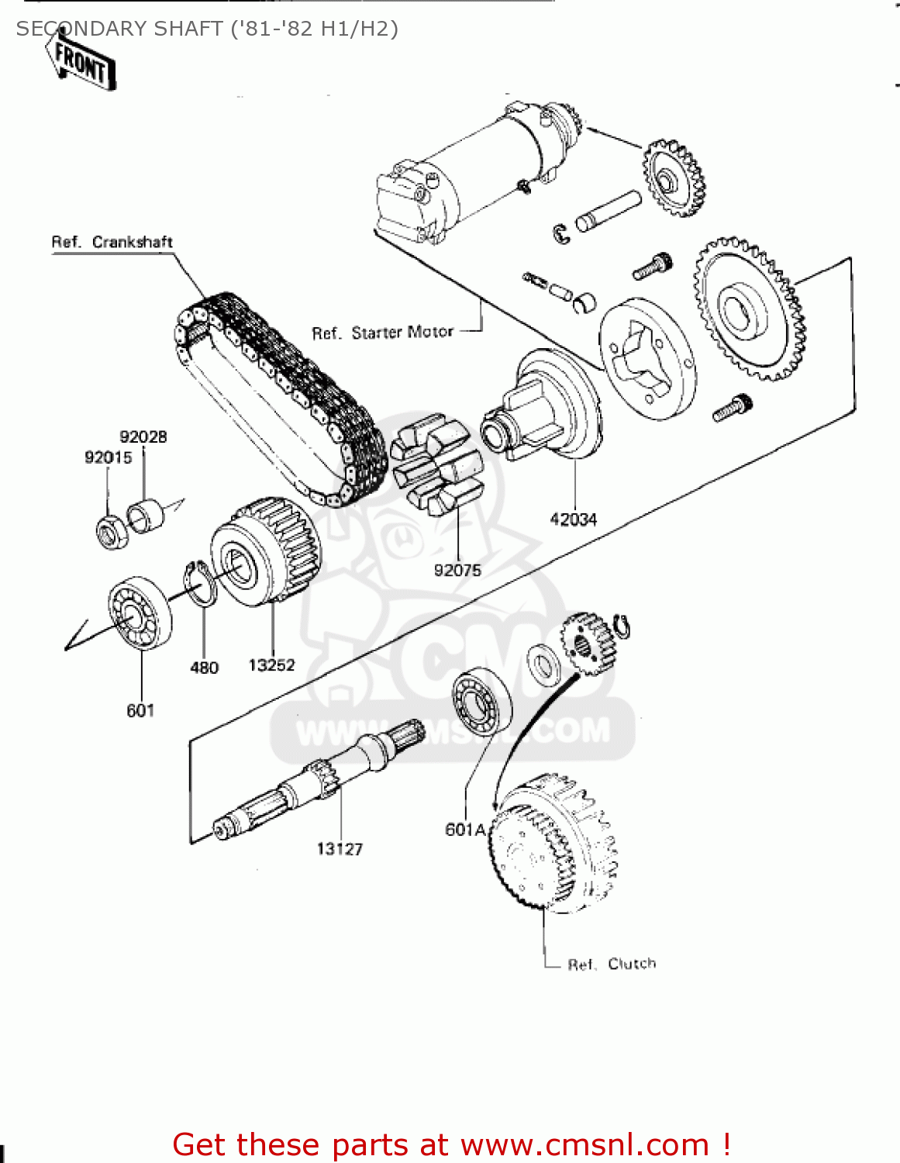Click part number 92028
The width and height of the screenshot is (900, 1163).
(143, 437)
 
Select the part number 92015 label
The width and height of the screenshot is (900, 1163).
(108, 457)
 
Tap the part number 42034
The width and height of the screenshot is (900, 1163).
(573, 519)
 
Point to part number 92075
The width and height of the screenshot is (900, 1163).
(457, 570)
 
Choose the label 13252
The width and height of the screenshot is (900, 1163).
(271, 665)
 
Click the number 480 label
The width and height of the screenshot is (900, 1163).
(205, 668)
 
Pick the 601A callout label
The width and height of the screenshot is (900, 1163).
(465, 830)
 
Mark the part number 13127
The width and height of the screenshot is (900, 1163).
(340, 849)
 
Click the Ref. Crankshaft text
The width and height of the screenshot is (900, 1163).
(112, 242)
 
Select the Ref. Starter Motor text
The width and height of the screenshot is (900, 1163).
(382, 333)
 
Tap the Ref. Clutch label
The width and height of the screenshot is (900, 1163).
(612, 964)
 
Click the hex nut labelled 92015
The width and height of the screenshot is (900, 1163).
(111, 532)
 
